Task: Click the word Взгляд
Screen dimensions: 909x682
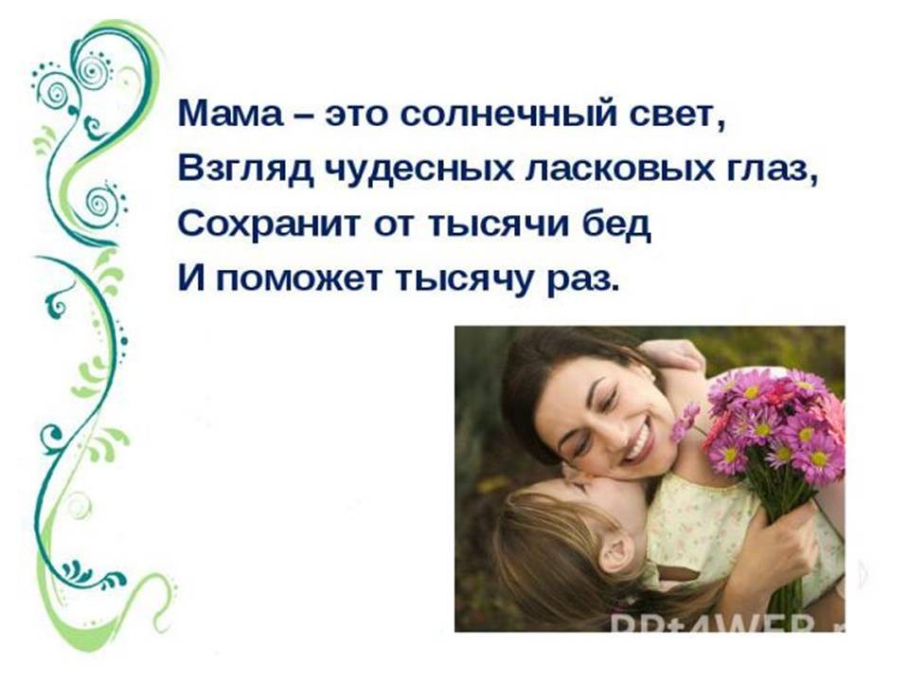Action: [246, 170]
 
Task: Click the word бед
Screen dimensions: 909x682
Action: [616, 225]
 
